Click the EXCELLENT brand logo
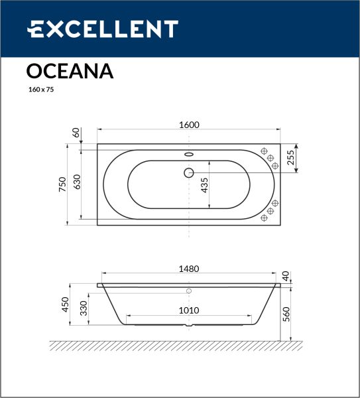103,29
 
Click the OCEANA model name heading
70,71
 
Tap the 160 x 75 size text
41,90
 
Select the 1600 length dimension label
189,125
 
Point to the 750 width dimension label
62,184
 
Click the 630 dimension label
77,182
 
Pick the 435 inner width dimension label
204,185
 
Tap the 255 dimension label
291,158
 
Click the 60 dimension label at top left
76,133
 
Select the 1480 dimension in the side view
189,269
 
